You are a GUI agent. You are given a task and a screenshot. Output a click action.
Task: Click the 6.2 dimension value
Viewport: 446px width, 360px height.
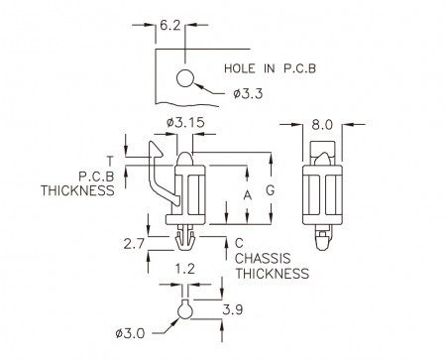pyautogui.click(x=170, y=26)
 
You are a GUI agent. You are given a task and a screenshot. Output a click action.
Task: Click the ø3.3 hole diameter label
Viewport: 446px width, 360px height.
pyautogui.click(x=248, y=94)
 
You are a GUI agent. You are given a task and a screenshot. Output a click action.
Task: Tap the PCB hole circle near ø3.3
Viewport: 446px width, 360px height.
pyautogui.click(x=184, y=78)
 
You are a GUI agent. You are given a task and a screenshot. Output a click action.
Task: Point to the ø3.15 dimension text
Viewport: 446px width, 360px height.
pyautogui.click(x=186, y=123)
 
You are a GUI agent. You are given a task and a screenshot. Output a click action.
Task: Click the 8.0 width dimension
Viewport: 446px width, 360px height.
pyautogui.click(x=322, y=125)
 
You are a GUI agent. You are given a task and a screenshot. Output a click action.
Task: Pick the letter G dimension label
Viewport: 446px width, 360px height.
pyautogui.click(x=271, y=190)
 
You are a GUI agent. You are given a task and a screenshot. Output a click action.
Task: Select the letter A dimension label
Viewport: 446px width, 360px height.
pyautogui.click(x=248, y=195)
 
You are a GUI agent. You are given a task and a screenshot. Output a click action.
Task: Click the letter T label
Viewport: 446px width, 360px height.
pyautogui.click(x=110, y=161)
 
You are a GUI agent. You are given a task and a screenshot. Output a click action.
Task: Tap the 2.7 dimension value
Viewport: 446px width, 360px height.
pyautogui.click(x=134, y=244)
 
